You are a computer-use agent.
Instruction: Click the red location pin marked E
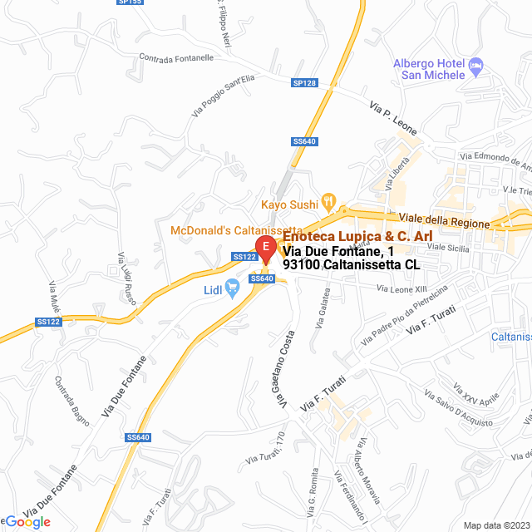pyautogui.click(x=264, y=249)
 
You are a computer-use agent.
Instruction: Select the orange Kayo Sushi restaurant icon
pyautogui.click(x=328, y=200)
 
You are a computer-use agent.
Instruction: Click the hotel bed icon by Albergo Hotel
pyautogui.click(x=475, y=64)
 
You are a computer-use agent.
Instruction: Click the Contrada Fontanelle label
pyautogui.click(x=177, y=58)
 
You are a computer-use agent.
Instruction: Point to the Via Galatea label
pyautogui.click(x=323, y=308)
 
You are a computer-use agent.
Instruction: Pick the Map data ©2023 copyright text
pyautogui.click(x=495, y=525)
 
